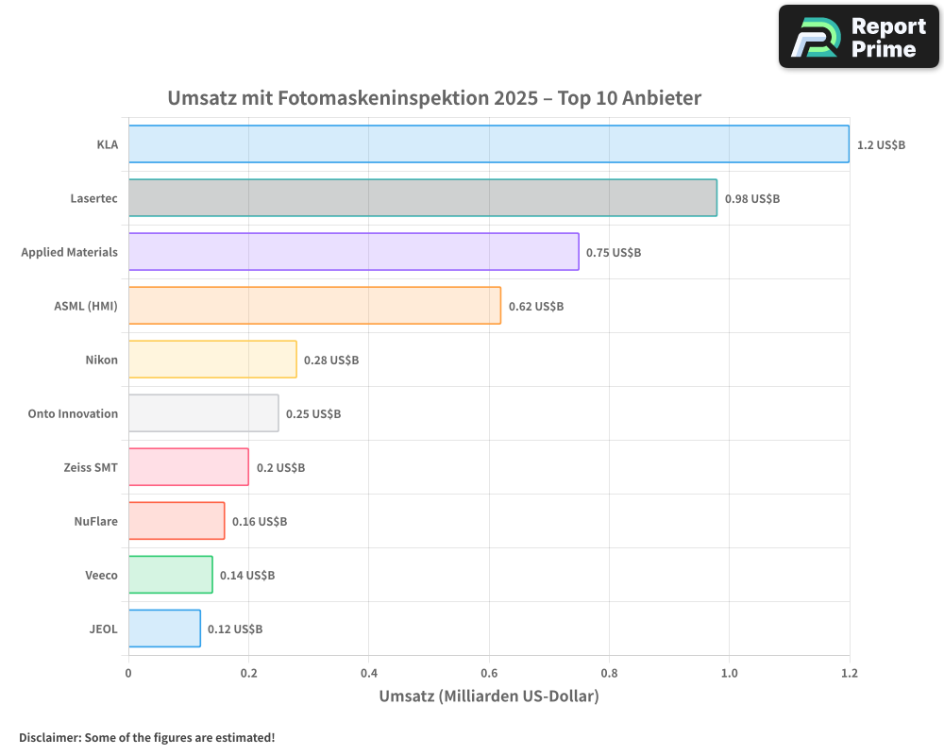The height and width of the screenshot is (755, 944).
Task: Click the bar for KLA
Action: point(488,144)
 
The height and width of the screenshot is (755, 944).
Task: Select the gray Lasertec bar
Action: point(422,198)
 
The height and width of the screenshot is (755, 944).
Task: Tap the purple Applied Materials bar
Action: point(353,252)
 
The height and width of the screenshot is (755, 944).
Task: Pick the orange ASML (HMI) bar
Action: point(314,306)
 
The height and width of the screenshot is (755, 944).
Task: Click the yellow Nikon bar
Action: point(212,360)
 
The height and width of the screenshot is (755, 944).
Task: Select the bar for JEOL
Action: point(164,629)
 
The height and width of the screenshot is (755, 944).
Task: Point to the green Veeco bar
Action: point(170,575)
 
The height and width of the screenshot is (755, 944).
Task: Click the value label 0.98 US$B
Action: point(751,198)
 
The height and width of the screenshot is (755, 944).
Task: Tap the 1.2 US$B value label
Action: point(881,144)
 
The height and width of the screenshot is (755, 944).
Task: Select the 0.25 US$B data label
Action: point(313,413)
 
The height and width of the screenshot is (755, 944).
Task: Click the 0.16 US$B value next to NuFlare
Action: point(260,521)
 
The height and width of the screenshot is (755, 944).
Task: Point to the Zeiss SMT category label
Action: point(91,467)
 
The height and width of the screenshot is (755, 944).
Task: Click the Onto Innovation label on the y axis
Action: point(73,413)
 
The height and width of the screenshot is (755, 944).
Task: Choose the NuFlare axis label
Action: point(95,521)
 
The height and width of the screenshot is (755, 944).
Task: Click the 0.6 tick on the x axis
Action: point(489,673)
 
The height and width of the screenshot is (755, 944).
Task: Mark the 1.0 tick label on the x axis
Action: point(729,673)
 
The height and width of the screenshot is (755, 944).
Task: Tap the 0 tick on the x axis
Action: point(128,673)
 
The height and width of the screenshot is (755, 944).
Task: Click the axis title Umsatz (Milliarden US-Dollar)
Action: point(488,696)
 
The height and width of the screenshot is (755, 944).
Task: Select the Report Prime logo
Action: point(858,37)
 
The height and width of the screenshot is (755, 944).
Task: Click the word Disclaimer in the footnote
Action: point(48,737)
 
